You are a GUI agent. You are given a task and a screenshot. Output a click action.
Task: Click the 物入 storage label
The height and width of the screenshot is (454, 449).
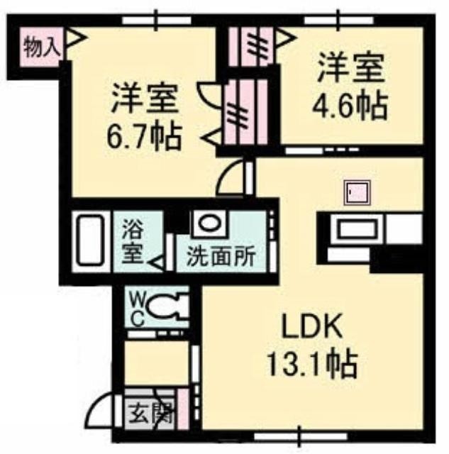pyautogui.click(x=43, y=48)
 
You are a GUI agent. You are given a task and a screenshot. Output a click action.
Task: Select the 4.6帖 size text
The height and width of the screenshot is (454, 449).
pyautogui.click(x=350, y=106)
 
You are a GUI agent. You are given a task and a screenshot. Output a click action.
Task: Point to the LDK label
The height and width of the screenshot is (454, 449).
pyautogui.click(x=312, y=326)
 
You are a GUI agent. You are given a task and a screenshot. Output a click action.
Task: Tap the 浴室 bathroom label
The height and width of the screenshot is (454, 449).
pyautogui.click(x=133, y=241)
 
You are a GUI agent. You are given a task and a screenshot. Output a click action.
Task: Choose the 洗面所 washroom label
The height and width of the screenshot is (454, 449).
pyautogui.click(x=221, y=257)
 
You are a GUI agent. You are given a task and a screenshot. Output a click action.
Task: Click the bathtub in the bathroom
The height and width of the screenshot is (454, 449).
pyautogui.click(x=90, y=241)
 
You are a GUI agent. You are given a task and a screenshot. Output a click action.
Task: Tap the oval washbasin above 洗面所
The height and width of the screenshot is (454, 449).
pyautogui.click(x=209, y=223)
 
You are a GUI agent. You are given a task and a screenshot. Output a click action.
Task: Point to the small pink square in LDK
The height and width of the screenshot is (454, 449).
pyautogui.click(x=357, y=192)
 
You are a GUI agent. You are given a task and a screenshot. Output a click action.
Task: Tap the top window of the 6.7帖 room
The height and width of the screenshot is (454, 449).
pyautogui.click(x=156, y=21)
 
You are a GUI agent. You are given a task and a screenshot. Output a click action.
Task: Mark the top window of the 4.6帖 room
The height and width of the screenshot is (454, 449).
pyautogui.click(x=339, y=21)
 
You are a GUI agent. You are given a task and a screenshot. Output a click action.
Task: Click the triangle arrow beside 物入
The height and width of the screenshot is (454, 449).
pyautogui.click(x=76, y=38)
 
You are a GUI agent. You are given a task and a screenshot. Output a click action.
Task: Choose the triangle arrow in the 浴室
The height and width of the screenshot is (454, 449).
pyautogui.click(x=157, y=263)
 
